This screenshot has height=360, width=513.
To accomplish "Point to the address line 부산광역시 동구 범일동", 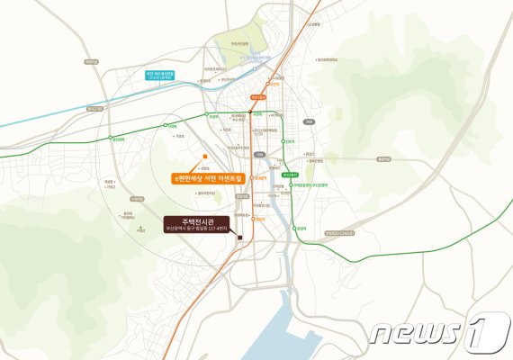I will (x=193, y=229).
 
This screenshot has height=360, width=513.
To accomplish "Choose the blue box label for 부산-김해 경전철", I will (x=165, y=76).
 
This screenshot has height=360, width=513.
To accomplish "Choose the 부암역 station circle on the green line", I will (x=206, y=116).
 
